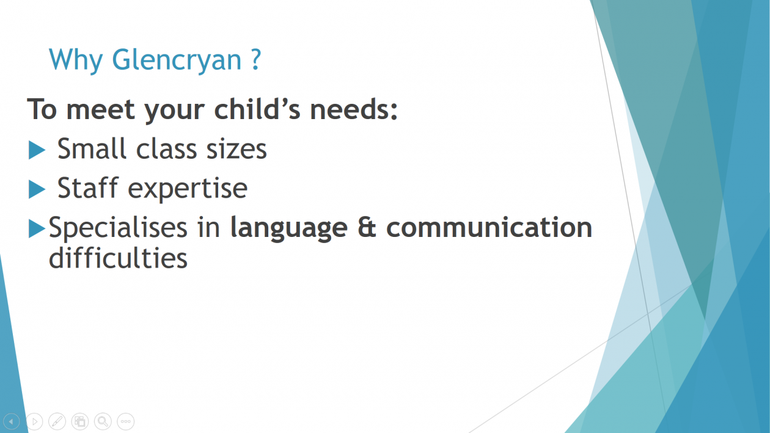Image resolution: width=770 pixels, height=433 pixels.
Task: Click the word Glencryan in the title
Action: [177, 60]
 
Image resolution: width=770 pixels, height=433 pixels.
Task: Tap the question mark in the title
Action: [256, 59]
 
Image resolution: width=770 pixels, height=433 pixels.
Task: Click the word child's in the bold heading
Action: [257, 109]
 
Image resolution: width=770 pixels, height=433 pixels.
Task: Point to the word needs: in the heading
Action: [354, 109]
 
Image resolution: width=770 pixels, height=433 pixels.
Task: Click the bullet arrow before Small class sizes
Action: [37, 150]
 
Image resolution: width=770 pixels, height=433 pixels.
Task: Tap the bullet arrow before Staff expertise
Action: [37, 189]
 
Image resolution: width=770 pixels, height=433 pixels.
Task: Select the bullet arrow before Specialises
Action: [37, 228]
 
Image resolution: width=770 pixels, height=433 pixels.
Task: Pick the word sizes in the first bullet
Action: [236, 149]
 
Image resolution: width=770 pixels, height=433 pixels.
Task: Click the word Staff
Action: [88, 187]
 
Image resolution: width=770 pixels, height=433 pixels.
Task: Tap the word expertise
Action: [188, 189]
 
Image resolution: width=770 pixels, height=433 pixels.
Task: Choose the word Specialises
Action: [118, 228]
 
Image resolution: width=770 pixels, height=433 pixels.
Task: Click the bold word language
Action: [288, 228]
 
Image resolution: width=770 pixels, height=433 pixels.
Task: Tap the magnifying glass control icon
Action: [103, 421]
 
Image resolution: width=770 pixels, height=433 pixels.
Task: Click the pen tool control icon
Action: [57, 421]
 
